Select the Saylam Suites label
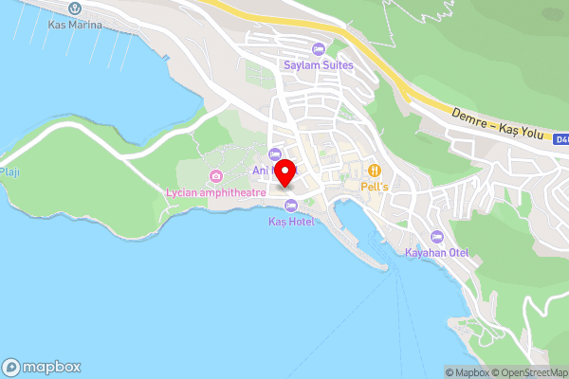(318, 64)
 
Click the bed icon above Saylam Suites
(318, 49)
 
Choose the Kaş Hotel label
(291, 221)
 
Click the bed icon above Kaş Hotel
(291, 205)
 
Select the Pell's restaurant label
(376, 187)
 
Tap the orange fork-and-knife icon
(376, 171)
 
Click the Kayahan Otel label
(437, 252)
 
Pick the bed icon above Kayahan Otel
(437, 236)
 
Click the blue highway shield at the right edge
(562, 139)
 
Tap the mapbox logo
(42, 367)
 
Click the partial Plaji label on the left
(9, 172)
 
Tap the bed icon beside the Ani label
(275, 153)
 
